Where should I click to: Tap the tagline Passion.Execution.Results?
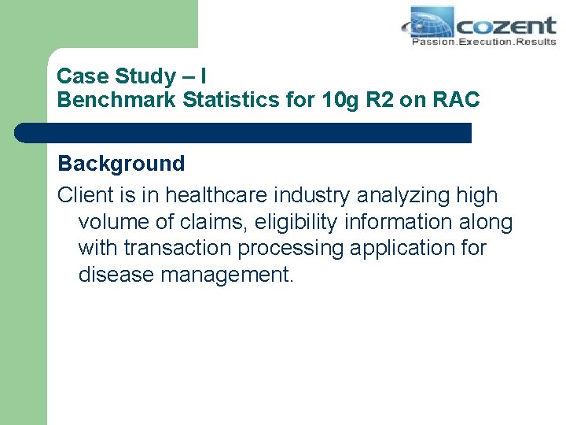(x=483, y=41)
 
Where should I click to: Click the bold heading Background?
(x=122, y=164)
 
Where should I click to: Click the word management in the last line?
(x=227, y=275)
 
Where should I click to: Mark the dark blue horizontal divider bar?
(x=244, y=133)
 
